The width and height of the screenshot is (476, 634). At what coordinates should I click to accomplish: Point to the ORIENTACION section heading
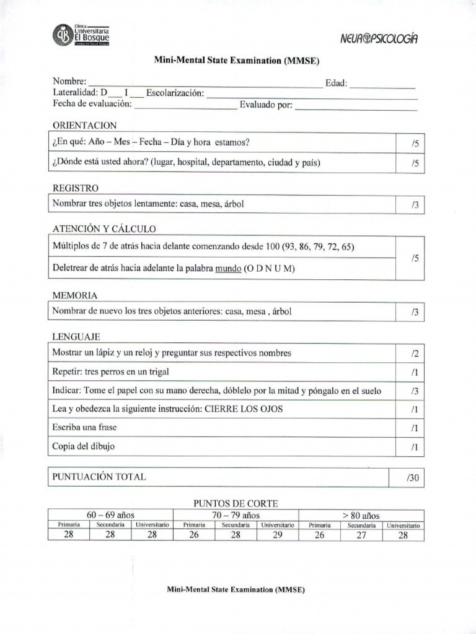pos(84,126)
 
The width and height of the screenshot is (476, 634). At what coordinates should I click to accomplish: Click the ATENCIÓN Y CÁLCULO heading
pos(104,229)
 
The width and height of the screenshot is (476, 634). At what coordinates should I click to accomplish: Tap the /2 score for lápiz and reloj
pos(415,354)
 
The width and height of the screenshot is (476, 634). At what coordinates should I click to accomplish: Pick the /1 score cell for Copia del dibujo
pos(415,446)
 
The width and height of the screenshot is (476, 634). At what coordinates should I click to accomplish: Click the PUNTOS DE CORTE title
pos(236,503)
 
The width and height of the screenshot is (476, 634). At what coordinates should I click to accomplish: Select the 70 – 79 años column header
pos(236,515)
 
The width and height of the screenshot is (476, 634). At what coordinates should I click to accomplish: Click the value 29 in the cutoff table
pos(277,536)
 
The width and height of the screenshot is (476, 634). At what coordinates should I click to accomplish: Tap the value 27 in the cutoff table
pos(361,536)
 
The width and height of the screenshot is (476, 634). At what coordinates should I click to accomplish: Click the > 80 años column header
pos(361,515)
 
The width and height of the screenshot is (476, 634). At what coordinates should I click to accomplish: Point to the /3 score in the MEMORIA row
pos(415,313)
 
